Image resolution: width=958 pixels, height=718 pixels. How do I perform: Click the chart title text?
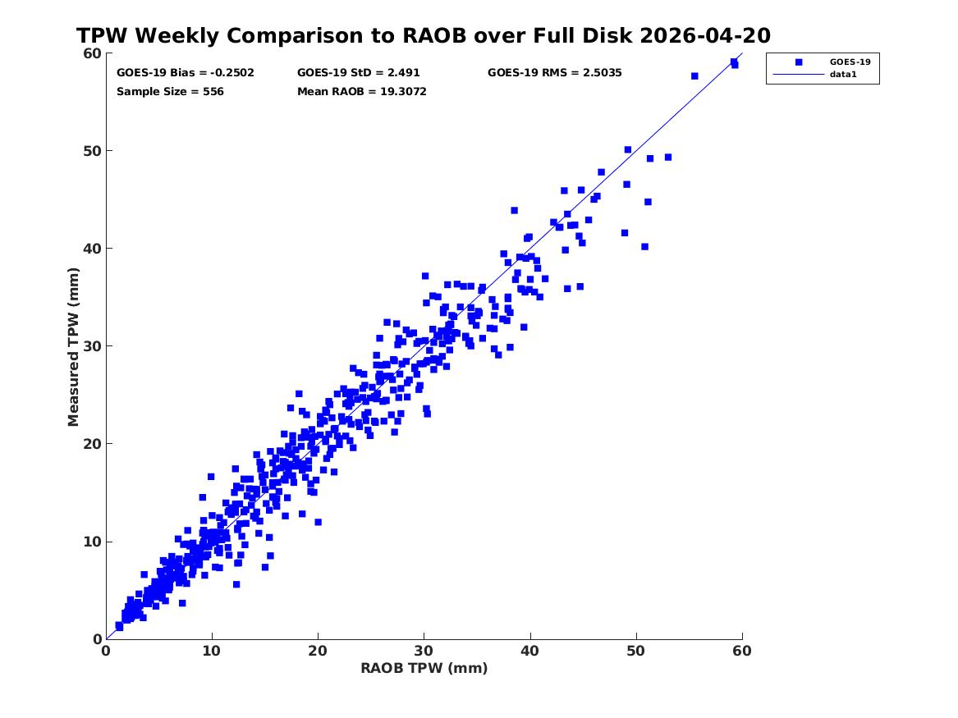click(424, 35)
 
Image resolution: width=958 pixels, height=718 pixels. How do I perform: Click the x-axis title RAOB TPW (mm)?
click(424, 668)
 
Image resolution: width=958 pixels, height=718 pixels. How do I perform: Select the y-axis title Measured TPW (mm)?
click(73, 347)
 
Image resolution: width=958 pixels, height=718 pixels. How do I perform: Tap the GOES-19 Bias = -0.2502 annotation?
click(186, 73)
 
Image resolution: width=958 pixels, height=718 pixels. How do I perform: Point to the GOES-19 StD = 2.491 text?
click(359, 73)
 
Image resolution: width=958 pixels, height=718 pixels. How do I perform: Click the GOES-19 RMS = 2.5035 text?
click(555, 73)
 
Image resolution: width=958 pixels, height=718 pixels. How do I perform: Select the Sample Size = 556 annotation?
click(170, 92)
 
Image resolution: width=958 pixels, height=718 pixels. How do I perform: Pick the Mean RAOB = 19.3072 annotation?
click(362, 92)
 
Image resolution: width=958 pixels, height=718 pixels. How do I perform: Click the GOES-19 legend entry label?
click(850, 62)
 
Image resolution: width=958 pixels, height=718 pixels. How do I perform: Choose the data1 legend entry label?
click(843, 75)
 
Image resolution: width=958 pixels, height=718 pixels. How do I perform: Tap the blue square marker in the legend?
click(799, 62)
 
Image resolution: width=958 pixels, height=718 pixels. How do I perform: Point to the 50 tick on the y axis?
click(92, 151)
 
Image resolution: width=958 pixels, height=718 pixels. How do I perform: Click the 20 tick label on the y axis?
click(92, 444)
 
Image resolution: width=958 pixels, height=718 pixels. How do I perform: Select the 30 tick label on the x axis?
click(424, 651)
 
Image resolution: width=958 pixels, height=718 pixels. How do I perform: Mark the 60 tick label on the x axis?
click(742, 651)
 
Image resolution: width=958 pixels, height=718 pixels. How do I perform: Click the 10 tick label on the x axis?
click(212, 651)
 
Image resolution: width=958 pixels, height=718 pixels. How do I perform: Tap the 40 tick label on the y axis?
click(92, 249)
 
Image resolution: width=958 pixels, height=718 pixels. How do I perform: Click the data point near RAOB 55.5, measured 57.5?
click(694, 76)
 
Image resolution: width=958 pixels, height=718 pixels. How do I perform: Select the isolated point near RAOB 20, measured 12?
click(318, 522)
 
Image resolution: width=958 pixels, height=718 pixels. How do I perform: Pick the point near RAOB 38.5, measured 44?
click(515, 211)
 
